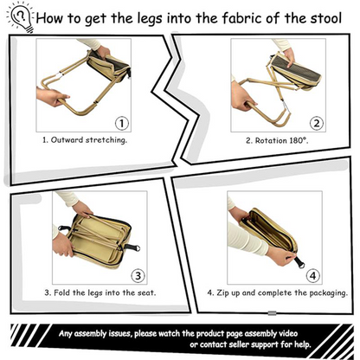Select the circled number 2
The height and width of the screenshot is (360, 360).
pyautogui.click(x=317, y=123)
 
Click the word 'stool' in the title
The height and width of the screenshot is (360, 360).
pyautogui.click(x=326, y=16)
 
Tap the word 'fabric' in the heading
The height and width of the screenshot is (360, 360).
pyautogui.click(x=223, y=16)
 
